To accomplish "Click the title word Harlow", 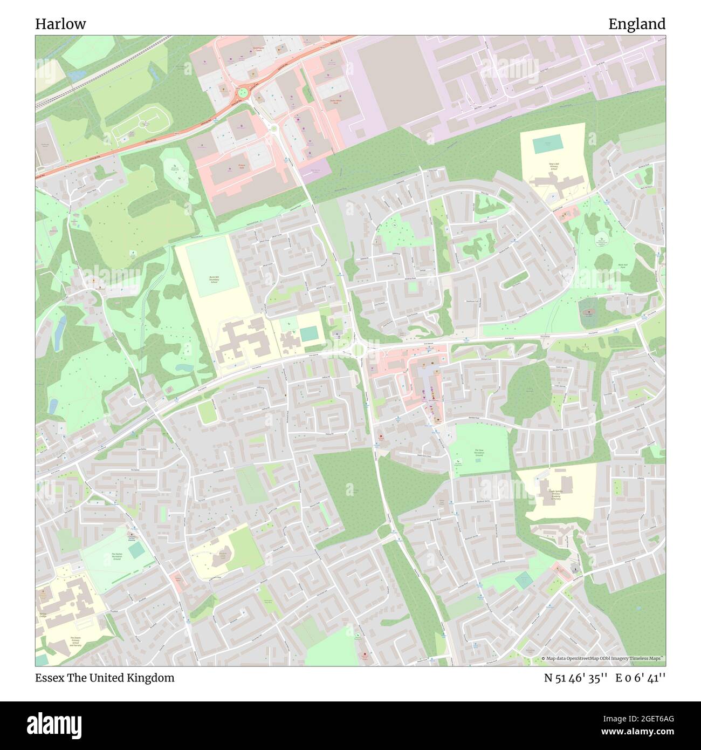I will (60, 24).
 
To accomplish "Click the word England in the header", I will (637, 24).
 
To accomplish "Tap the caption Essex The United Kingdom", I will (105, 678).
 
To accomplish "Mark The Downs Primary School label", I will (75, 642).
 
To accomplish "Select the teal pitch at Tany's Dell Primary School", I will (547, 145).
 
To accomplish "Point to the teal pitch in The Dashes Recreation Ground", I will (136, 550).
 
